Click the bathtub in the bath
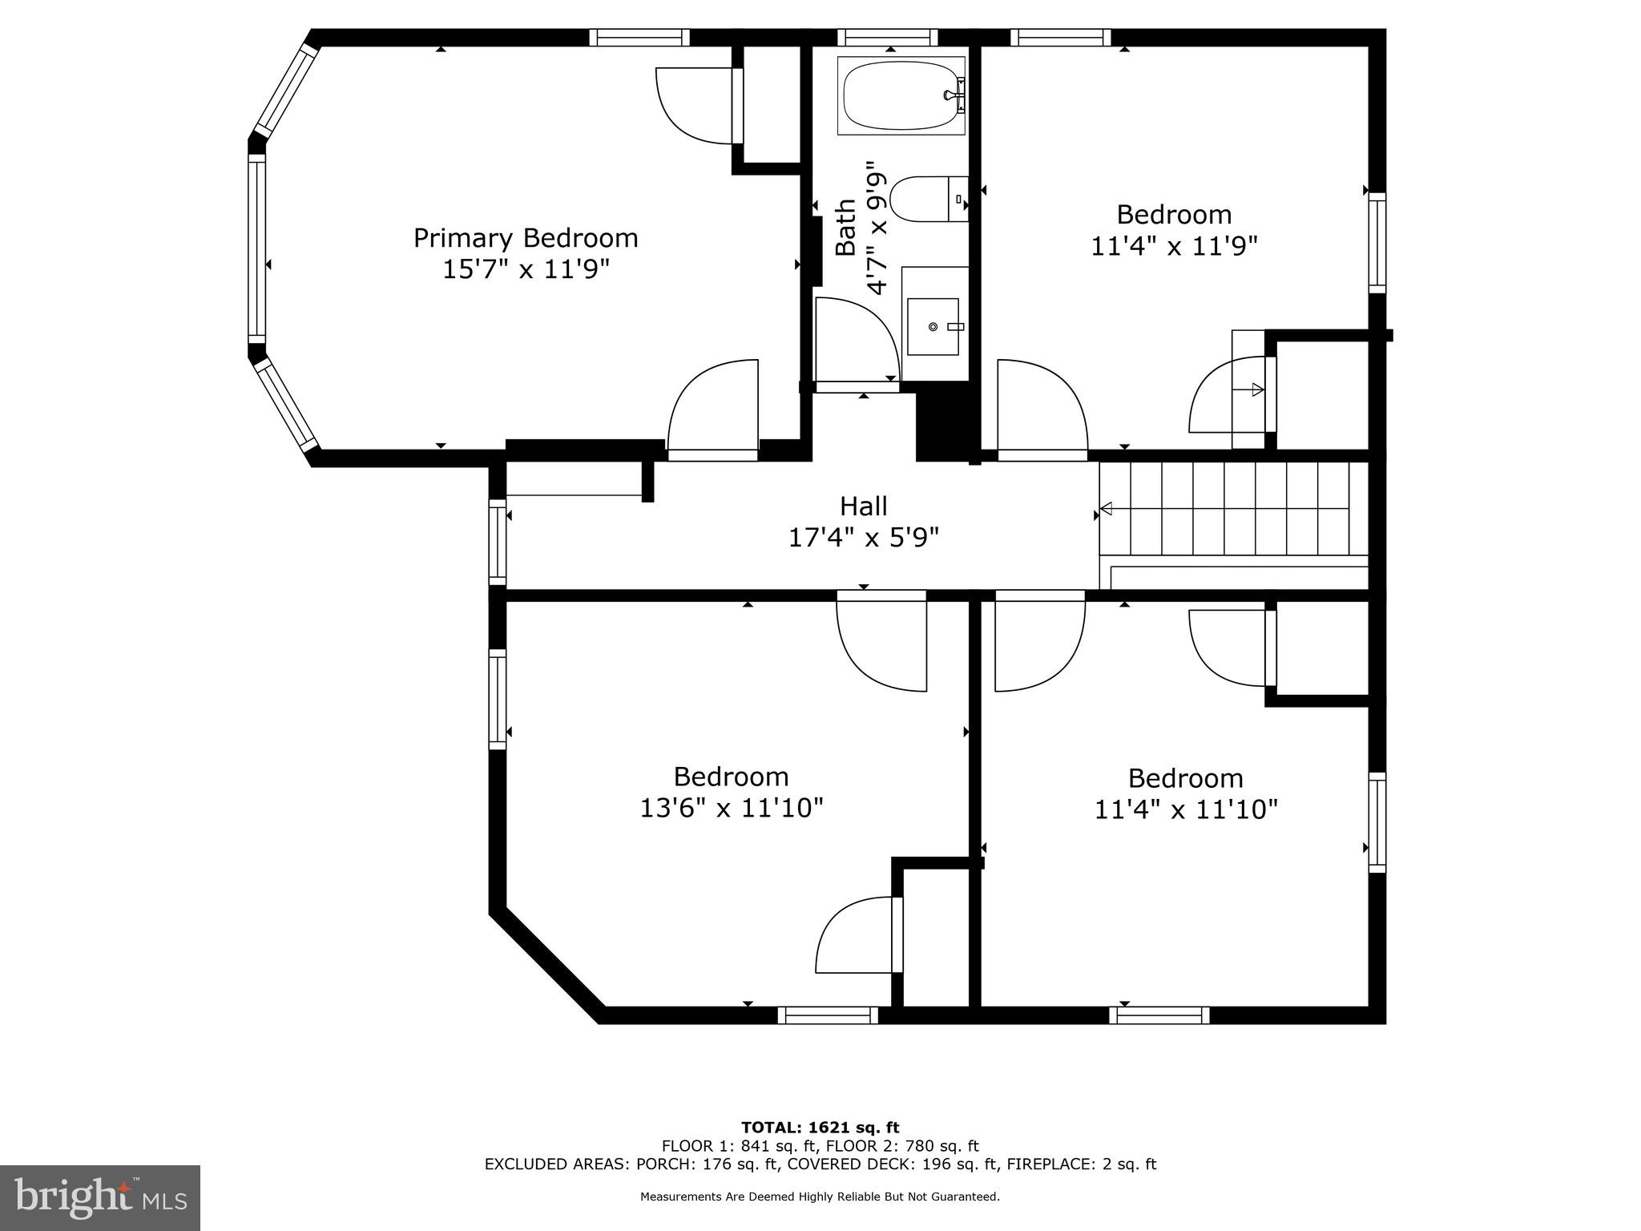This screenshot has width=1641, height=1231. (901, 95)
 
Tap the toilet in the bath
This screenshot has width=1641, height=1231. (927, 200)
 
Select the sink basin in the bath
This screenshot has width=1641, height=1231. (933, 326)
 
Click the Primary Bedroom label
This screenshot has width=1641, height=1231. (526, 238)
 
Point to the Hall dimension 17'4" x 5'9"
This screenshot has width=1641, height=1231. (863, 537)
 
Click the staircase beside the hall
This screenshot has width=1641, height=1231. (1232, 509)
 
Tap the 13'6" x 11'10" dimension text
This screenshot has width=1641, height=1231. (731, 808)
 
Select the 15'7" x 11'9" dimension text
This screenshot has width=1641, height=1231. (526, 269)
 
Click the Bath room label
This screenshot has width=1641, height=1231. (846, 228)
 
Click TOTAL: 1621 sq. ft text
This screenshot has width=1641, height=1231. (820, 1128)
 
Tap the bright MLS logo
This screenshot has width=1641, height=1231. (100, 1197)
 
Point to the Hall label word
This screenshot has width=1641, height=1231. (863, 507)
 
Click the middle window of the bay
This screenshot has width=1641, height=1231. (256, 248)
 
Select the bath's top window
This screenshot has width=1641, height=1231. (887, 37)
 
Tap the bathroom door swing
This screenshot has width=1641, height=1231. (853, 341)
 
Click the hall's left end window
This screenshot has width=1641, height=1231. (498, 542)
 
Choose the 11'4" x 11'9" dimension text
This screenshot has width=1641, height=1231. (1174, 246)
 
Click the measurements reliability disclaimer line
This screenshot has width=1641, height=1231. (820, 1197)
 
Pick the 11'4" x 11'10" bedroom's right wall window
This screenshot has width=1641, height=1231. (1377, 822)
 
